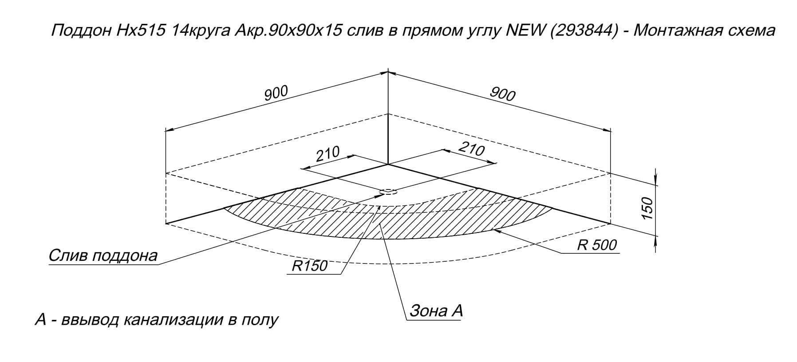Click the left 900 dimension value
[x=276, y=93]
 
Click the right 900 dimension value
[x=503, y=94]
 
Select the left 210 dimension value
[x=327, y=153]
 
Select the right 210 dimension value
[x=471, y=150]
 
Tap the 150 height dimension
[x=648, y=209]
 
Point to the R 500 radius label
[x=597, y=244]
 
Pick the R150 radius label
[x=310, y=266]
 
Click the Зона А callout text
[x=436, y=311]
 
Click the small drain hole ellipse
[x=388, y=192]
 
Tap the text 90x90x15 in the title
[x=307, y=31]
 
